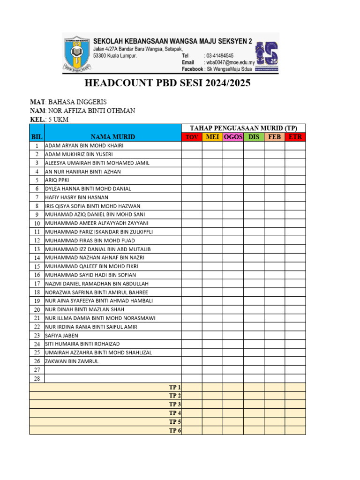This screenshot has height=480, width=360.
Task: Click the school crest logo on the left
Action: coord(77,53)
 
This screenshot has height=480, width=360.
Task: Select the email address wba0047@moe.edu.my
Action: coord(229,62)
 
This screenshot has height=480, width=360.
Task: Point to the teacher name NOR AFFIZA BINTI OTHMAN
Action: coord(92,111)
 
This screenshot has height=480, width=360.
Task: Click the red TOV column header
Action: coord(192,137)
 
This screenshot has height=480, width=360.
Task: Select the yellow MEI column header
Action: coord(212,137)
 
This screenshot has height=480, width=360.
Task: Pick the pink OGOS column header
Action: coord(233,137)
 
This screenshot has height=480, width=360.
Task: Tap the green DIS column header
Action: coord(254,137)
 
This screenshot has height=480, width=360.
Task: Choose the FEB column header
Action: coord(274,137)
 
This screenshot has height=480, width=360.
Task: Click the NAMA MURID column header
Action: coord(112,137)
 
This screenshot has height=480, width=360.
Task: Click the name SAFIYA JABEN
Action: coord(61,336)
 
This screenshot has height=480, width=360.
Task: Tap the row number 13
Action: coord(37,249)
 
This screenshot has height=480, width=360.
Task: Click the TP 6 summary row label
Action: coord(175,430)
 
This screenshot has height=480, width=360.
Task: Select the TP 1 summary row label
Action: coord(175,387)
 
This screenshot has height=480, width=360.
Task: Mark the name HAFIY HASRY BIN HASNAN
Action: coord(76,197)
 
